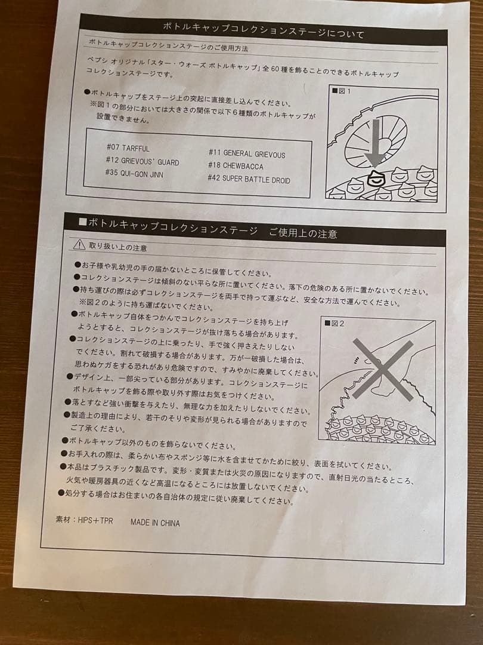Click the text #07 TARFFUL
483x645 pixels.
tap(128, 148)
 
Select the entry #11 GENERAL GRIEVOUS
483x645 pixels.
tap(246, 153)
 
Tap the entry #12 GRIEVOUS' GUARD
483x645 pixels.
tap(141, 161)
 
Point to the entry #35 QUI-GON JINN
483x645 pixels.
tap(134, 174)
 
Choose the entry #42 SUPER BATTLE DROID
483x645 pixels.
tap(249, 179)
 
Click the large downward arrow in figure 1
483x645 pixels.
tap(374, 140)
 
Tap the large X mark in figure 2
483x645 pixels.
tap(382, 369)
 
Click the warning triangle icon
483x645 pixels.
tap(79, 244)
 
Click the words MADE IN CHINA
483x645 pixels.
tap(154, 523)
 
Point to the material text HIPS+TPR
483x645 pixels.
tap(83, 520)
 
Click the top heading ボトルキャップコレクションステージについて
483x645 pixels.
tap(263, 28)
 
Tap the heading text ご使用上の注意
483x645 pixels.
tap(302, 233)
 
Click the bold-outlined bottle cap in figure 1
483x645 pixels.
tap(375, 177)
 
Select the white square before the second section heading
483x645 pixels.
tap(83, 222)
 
